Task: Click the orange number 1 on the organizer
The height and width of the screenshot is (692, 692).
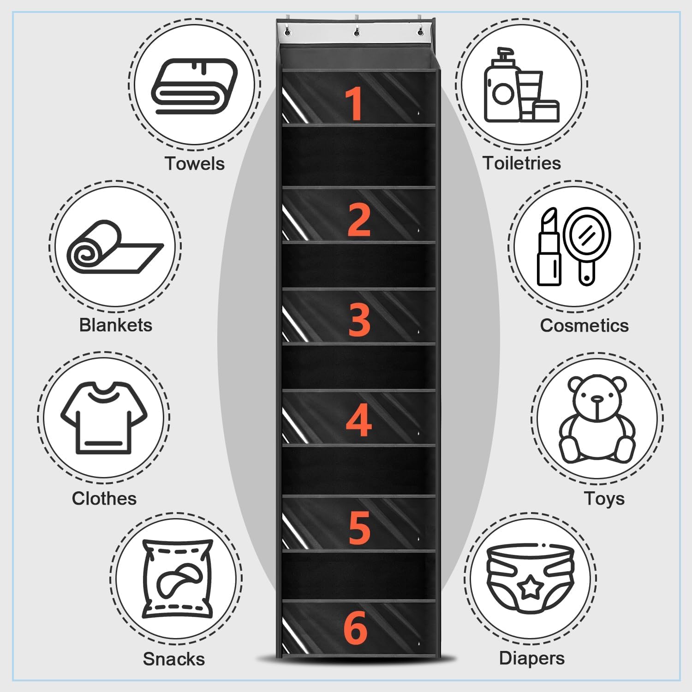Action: point(354,104)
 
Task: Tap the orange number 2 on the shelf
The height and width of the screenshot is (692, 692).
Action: point(359,220)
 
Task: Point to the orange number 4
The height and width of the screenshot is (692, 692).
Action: point(359,420)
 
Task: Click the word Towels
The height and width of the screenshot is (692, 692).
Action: point(195,164)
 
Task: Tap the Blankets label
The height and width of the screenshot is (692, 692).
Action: point(115,325)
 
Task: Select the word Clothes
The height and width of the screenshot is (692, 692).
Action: point(104,499)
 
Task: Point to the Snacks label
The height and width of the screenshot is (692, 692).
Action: point(173,659)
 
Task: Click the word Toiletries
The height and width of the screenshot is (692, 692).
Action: point(522,163)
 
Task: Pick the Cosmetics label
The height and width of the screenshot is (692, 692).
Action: point(584,326)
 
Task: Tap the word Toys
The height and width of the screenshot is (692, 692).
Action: point(604,499)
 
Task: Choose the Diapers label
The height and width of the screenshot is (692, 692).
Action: point(531,658)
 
